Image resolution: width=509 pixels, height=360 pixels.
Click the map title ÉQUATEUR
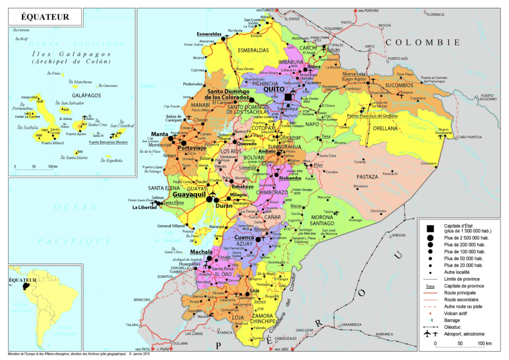coord(45,17)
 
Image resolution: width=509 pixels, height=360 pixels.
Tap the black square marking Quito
coord(289,97)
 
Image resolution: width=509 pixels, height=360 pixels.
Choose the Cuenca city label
coord(245,238)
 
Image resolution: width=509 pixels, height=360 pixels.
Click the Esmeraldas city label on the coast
coord(208,34)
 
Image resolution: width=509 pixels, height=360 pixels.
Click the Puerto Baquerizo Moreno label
coord(108,142)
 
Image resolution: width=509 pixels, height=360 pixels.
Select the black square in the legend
coord(429,228)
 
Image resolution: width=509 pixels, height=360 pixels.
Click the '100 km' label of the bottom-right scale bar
coord(484,344)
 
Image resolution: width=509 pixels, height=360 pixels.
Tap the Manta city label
coord(160,134)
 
